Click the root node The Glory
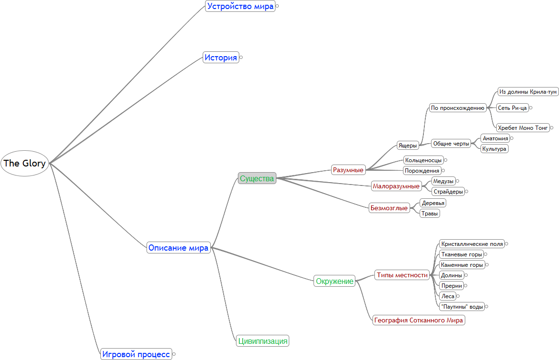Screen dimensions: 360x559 (25, 163)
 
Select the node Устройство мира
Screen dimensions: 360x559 (240, 6)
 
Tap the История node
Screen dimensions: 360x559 (221, 58)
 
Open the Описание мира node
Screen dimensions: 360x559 (178, 248)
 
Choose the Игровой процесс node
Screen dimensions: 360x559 (136, 354)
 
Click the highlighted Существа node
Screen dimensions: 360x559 (257, 178)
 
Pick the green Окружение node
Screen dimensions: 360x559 (335, 281)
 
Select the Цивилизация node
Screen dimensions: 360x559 (263, 341)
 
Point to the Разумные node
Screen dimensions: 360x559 (348, 170)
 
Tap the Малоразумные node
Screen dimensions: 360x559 (396, 186)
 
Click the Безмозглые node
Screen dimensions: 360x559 (389, 208)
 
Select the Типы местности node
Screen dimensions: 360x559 (402, 275)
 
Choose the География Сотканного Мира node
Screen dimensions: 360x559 (419, 320)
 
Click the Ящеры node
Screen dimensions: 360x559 (408, 146)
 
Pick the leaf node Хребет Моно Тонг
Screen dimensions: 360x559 (523, 127)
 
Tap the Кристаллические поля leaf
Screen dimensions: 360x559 (471, 244)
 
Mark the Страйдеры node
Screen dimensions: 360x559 (448, 192)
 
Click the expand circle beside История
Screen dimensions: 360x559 (241, 58)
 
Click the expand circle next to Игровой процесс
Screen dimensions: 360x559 (174, 354)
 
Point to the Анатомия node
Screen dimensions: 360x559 (495, 138)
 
